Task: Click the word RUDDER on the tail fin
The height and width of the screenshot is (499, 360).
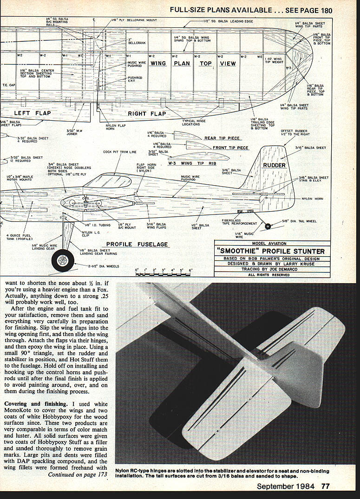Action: pyautogui.click(x=275, y=165)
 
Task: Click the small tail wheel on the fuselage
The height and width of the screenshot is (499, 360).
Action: pyautogui.click(x=268, y=227)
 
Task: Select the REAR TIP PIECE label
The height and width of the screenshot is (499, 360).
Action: pyautogui.click(x=222, y=138)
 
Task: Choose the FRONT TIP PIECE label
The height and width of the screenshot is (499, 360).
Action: pyautogui.click(x=230, y=148)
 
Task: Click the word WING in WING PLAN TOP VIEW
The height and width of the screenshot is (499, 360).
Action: pyautogui.click(x=158, y=64)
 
